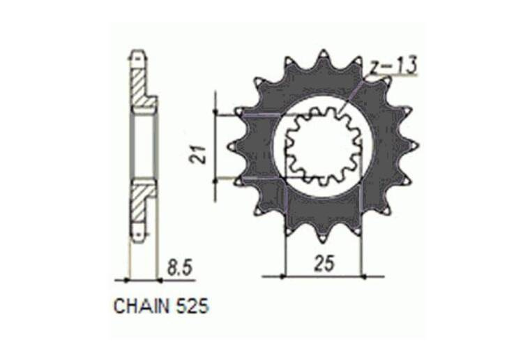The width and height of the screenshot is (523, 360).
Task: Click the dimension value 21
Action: (198, 153)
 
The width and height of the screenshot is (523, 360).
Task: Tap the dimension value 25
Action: (324, 264)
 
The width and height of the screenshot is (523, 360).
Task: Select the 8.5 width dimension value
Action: (180, 268)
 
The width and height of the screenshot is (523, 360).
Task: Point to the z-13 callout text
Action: (394, 66)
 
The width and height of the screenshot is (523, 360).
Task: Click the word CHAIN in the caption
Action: (142, 306)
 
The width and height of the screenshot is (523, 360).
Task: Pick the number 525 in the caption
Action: (192, 306)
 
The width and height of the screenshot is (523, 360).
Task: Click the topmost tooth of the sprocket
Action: (324, 57)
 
